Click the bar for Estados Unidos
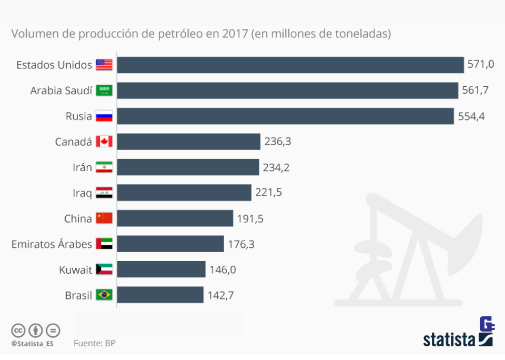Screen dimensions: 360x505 pos(290,65)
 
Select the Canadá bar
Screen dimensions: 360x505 pos(188,142)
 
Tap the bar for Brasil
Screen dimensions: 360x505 pos(160,295)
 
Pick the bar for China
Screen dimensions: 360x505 pos(175,218)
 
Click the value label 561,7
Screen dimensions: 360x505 pos(476,91)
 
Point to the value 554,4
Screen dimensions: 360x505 pos(471,116)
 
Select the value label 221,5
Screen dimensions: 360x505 pos(269,193)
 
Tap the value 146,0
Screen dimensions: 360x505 pos(223,269)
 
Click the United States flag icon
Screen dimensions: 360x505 pos(104,65)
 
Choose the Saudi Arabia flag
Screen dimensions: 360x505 pos(104,91)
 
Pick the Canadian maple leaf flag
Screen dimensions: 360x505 pos(104,142)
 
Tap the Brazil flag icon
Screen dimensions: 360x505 pos(104,295)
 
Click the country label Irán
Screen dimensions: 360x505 pos(82,167)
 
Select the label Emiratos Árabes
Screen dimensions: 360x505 pos(52,244)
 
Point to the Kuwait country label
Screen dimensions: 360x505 pos(76,269)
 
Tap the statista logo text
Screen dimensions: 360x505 pos(449,339)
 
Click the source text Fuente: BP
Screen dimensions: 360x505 pos(95,343)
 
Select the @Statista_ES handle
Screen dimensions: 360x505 pos(32,344)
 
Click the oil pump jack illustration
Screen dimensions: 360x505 pos(410,247)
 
